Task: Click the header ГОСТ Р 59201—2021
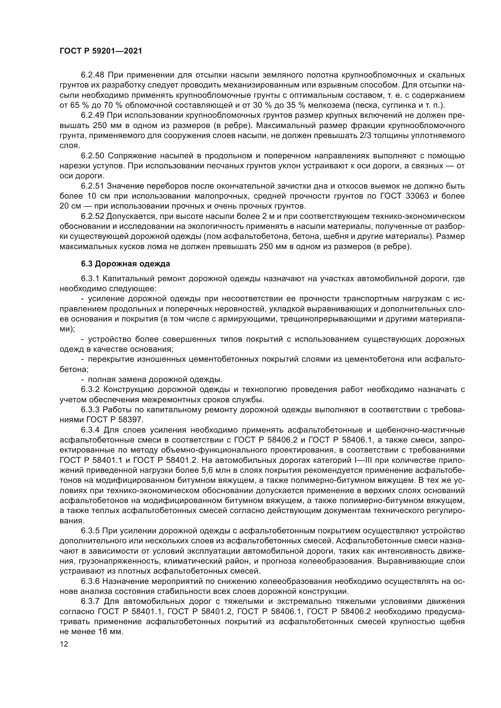(x=101, y=51)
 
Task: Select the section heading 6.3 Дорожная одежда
(x=125, y=264)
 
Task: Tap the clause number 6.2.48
(x=93, y=75)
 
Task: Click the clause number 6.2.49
(x=93, y=115)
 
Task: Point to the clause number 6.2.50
(x=93, y=156)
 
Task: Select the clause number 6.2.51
(x=93, y=186)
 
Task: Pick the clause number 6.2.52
(x=93, y=216)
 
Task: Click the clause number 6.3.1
(x=90, y=279)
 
